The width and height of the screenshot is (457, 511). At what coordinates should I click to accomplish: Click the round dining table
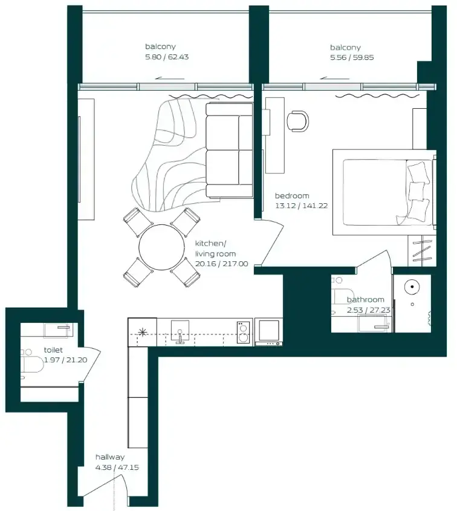point(161,247)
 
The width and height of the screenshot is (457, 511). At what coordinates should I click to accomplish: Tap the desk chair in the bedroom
point(298,121)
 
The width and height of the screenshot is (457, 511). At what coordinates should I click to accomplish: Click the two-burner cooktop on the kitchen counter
point(244,333)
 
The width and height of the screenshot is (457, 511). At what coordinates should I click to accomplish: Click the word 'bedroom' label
point(292,195)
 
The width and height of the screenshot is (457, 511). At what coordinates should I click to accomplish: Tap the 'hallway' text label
point(110,457)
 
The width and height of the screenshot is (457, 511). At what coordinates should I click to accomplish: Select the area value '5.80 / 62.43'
point(167,57)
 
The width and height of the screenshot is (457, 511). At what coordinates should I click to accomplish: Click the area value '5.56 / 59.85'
point(352,57)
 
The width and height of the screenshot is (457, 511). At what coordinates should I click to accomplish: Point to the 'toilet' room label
point(53,350)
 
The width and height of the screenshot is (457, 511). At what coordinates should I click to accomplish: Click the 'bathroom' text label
point(365,299)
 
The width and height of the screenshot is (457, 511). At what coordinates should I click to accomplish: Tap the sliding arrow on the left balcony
point(170,78)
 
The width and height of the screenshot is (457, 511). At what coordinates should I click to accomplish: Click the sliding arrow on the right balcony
point(334,78)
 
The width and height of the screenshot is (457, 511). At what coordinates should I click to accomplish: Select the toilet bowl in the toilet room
point(32,363)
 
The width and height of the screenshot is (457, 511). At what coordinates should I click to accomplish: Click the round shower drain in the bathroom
point(412,287)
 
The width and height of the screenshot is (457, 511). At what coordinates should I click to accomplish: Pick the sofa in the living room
point(229,150)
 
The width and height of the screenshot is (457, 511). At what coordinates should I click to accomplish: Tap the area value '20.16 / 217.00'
point(221,264)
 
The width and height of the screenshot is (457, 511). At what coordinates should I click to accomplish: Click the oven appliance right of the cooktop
point(269,331)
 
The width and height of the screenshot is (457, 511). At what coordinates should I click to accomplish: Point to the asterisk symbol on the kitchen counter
point(143,332)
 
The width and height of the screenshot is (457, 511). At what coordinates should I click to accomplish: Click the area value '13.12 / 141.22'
point(301,206)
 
